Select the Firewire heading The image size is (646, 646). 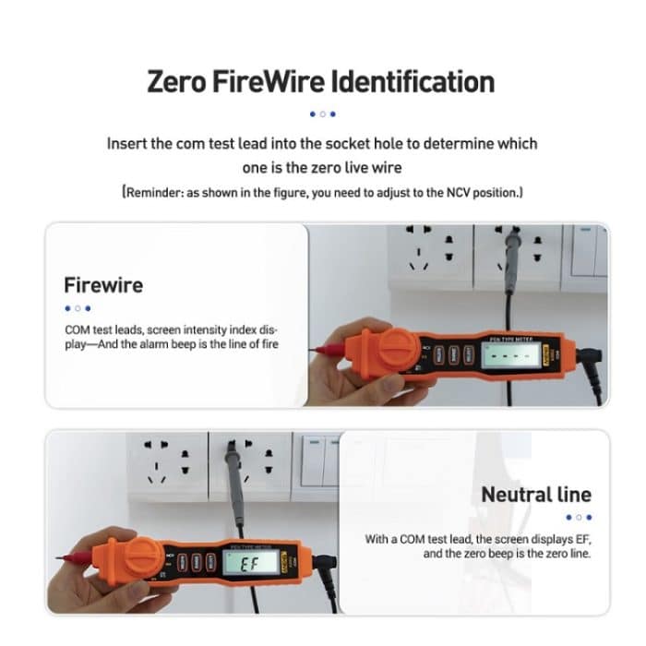click(103, 284)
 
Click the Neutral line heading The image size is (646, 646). click(535, 494)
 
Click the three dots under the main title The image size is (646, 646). click(322, 114)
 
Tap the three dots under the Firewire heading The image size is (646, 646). click(78, 308)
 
